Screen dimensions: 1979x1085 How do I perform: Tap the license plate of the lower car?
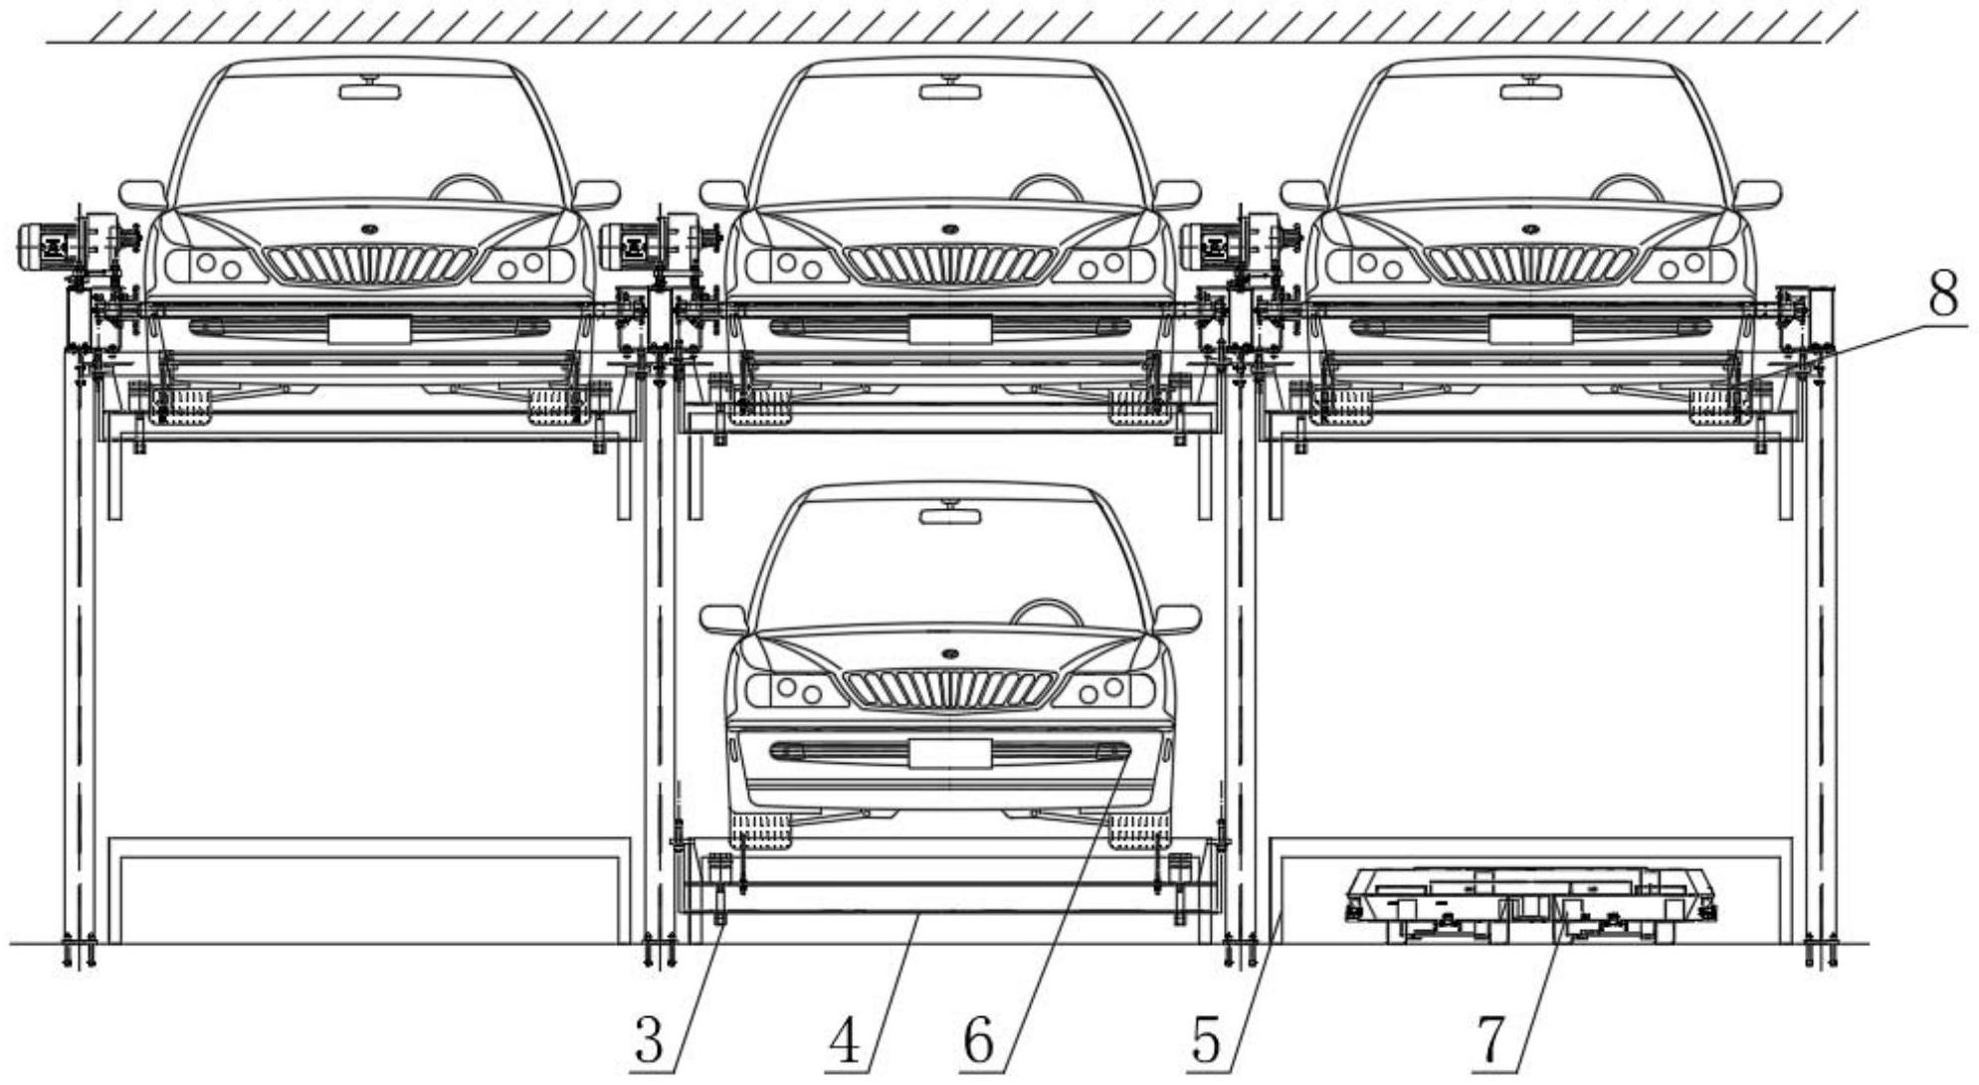[949, 753]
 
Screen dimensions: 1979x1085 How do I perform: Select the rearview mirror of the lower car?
[949, 515]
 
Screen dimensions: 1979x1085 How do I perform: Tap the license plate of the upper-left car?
[369, 329]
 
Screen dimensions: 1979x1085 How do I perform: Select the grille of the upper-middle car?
[949, 264]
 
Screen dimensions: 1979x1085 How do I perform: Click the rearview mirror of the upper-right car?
[1530, 91]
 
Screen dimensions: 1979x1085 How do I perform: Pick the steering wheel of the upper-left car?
[466, 185]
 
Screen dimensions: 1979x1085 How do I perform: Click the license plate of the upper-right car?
[1530, 329]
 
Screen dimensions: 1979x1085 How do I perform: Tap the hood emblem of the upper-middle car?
[949, 229]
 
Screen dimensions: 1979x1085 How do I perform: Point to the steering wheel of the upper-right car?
[1627, 185]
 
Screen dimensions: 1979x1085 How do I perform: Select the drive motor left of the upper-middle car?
[628, 245]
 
